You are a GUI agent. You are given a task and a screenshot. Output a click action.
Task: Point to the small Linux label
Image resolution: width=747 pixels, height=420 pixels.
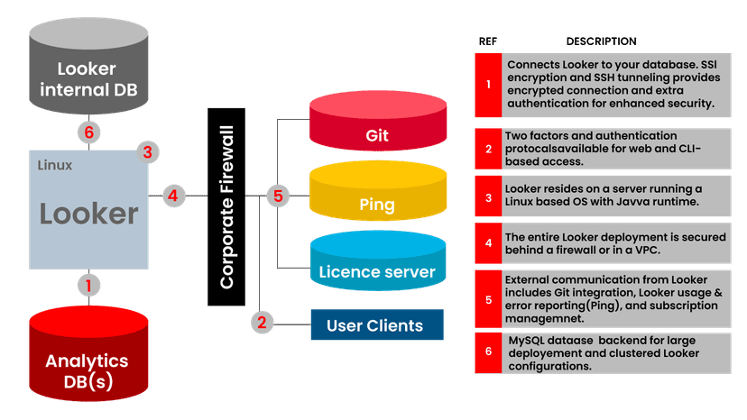tap(55, 166)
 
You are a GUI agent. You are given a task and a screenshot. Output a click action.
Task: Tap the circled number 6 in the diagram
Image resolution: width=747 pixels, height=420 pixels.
tap(88, 132)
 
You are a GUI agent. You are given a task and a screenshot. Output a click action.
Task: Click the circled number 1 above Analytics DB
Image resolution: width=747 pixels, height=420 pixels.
tap(88, 287)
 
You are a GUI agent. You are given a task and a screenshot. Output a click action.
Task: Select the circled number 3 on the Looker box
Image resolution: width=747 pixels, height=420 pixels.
tap(148, 152)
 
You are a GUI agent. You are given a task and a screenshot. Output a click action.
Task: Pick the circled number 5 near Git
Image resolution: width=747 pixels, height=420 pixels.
tap(276, 194)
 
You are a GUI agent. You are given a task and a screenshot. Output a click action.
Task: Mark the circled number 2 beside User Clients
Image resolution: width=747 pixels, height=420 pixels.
tap(262, 323)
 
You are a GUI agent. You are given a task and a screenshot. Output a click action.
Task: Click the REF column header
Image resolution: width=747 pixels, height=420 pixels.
tap(487, 41)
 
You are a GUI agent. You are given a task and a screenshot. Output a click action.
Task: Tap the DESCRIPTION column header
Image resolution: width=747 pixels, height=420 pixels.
tap(601, 41)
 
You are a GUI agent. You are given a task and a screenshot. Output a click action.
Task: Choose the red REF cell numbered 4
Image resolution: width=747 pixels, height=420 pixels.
tap(488, 243)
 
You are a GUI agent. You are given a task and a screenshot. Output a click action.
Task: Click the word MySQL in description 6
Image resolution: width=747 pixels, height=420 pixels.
tap(527, 340)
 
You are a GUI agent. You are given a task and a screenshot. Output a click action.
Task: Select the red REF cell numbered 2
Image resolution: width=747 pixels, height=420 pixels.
tap(488, 148)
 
